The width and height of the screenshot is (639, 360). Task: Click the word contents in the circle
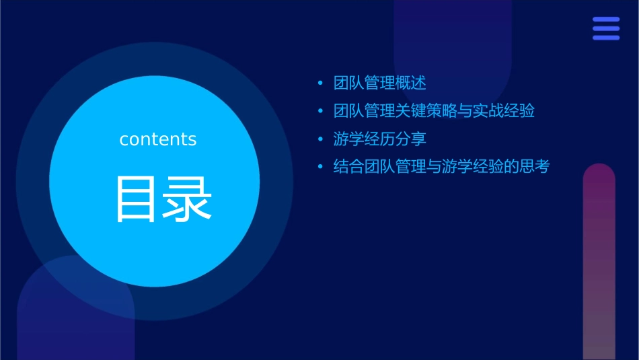click(x=157, y=139)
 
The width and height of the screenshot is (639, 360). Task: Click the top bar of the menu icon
click(x=605, y=20)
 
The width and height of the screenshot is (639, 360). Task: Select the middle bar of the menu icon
click(x=605, y=28)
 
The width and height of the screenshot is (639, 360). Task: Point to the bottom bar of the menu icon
click(x=605, y=38)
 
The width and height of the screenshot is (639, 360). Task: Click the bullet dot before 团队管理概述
click(x=320, y=83)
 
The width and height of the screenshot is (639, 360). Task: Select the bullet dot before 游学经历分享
click(x=320, y=139)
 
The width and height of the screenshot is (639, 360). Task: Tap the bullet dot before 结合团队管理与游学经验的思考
click(x=320, y=167)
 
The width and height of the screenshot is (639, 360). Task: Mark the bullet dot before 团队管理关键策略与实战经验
click(x=320, y=112)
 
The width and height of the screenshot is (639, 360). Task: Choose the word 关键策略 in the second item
click(x=426, y=111)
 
